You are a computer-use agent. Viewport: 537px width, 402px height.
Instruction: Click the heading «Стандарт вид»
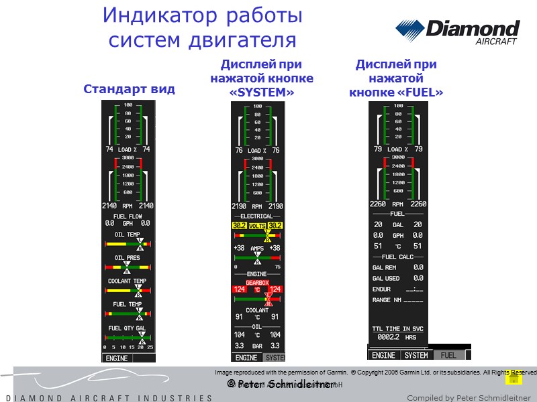128,88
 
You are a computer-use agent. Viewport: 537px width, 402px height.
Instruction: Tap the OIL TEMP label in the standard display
128,234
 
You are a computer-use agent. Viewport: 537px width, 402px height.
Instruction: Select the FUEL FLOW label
128,216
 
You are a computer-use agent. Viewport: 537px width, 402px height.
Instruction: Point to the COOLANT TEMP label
128,281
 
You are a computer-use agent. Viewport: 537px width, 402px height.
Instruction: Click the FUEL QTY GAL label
126,328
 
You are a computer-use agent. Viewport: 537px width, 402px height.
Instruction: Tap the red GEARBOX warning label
257,283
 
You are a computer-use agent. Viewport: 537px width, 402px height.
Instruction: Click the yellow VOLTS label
257,226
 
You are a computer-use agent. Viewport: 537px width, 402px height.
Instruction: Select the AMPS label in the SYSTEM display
257,248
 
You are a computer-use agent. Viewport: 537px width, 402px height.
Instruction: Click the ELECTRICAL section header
257,217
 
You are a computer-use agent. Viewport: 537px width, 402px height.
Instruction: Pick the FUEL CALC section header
399,257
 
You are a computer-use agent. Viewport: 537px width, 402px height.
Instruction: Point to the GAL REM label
385,267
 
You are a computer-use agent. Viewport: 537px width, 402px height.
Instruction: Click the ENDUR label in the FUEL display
381,289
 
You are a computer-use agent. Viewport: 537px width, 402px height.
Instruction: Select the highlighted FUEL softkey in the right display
448,355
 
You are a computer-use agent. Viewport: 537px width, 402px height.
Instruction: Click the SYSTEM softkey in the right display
416,355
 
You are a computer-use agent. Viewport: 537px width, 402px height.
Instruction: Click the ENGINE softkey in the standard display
117,358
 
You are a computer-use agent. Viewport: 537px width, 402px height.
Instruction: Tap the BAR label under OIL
257,346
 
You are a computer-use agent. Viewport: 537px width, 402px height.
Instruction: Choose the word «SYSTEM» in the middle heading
262,92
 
